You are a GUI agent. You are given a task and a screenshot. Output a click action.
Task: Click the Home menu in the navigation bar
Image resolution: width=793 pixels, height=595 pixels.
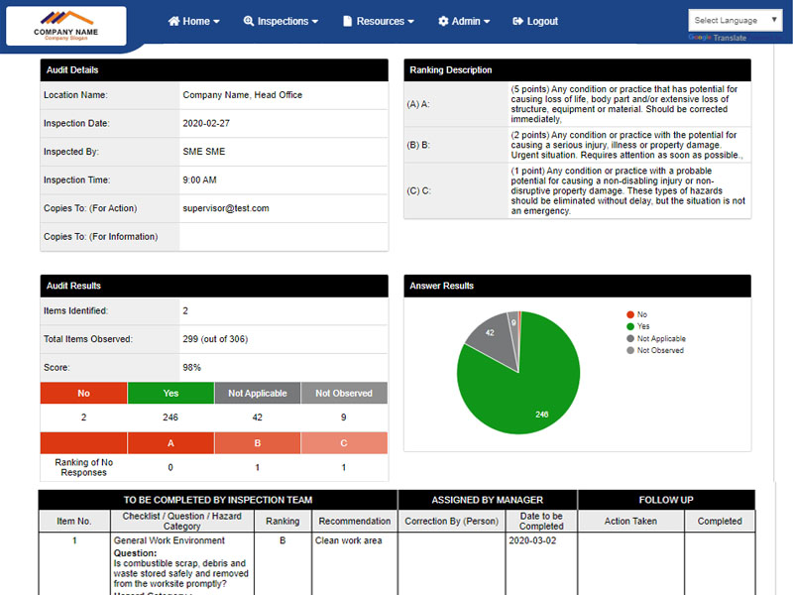(194, 21)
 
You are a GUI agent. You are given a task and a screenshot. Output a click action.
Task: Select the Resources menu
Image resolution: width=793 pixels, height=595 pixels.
(378, 21)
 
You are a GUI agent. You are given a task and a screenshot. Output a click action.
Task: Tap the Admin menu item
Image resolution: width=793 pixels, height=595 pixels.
(464, 21)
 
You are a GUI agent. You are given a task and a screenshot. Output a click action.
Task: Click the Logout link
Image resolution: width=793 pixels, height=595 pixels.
(535, 21)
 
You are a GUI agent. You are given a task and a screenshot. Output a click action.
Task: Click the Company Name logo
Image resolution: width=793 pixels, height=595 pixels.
(65, 26)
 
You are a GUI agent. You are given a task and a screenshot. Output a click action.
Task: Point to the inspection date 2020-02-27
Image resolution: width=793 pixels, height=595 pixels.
(206, 124)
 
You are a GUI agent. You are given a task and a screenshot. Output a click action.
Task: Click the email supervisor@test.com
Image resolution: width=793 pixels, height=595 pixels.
(226, 208)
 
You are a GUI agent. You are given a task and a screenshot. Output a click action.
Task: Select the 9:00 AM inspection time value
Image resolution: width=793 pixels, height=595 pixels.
(199, 180)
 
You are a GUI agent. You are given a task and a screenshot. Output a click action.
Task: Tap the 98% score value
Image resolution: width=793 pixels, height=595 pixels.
(192, 367)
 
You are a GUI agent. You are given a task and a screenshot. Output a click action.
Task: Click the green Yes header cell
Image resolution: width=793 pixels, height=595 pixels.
(170, 394)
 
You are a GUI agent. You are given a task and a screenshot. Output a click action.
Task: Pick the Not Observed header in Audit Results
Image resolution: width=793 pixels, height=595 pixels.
(344, 394)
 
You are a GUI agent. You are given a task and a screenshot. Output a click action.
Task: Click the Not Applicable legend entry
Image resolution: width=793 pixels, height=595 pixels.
(660, 338)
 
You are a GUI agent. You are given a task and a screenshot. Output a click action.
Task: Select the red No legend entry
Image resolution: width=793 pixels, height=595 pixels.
(641, 314)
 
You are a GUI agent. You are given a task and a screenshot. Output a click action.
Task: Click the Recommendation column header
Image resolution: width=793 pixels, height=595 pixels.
(354, 521)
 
